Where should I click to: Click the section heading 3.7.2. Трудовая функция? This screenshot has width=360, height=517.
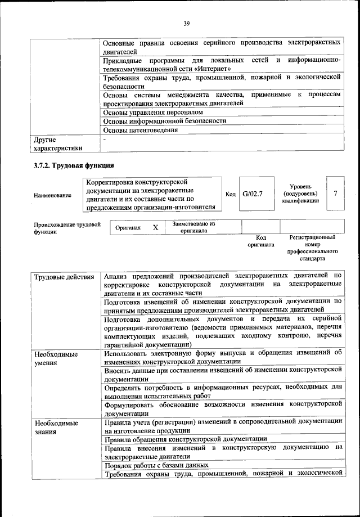click(74, 166)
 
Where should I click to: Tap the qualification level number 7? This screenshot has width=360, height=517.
click(335, 194)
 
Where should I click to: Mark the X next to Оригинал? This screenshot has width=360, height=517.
click(155, 228)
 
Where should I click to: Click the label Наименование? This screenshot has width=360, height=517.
click(52, 195)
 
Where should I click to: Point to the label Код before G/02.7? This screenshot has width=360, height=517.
click(230, 194)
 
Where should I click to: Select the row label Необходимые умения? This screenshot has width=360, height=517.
click(56, 359)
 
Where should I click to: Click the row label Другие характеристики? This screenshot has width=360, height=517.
click(57, 143)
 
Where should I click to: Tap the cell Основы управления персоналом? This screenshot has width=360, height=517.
click(145, 113)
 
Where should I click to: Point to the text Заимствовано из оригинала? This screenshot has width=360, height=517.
click(193, 227)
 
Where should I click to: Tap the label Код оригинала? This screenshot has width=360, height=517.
click(260, 241)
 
